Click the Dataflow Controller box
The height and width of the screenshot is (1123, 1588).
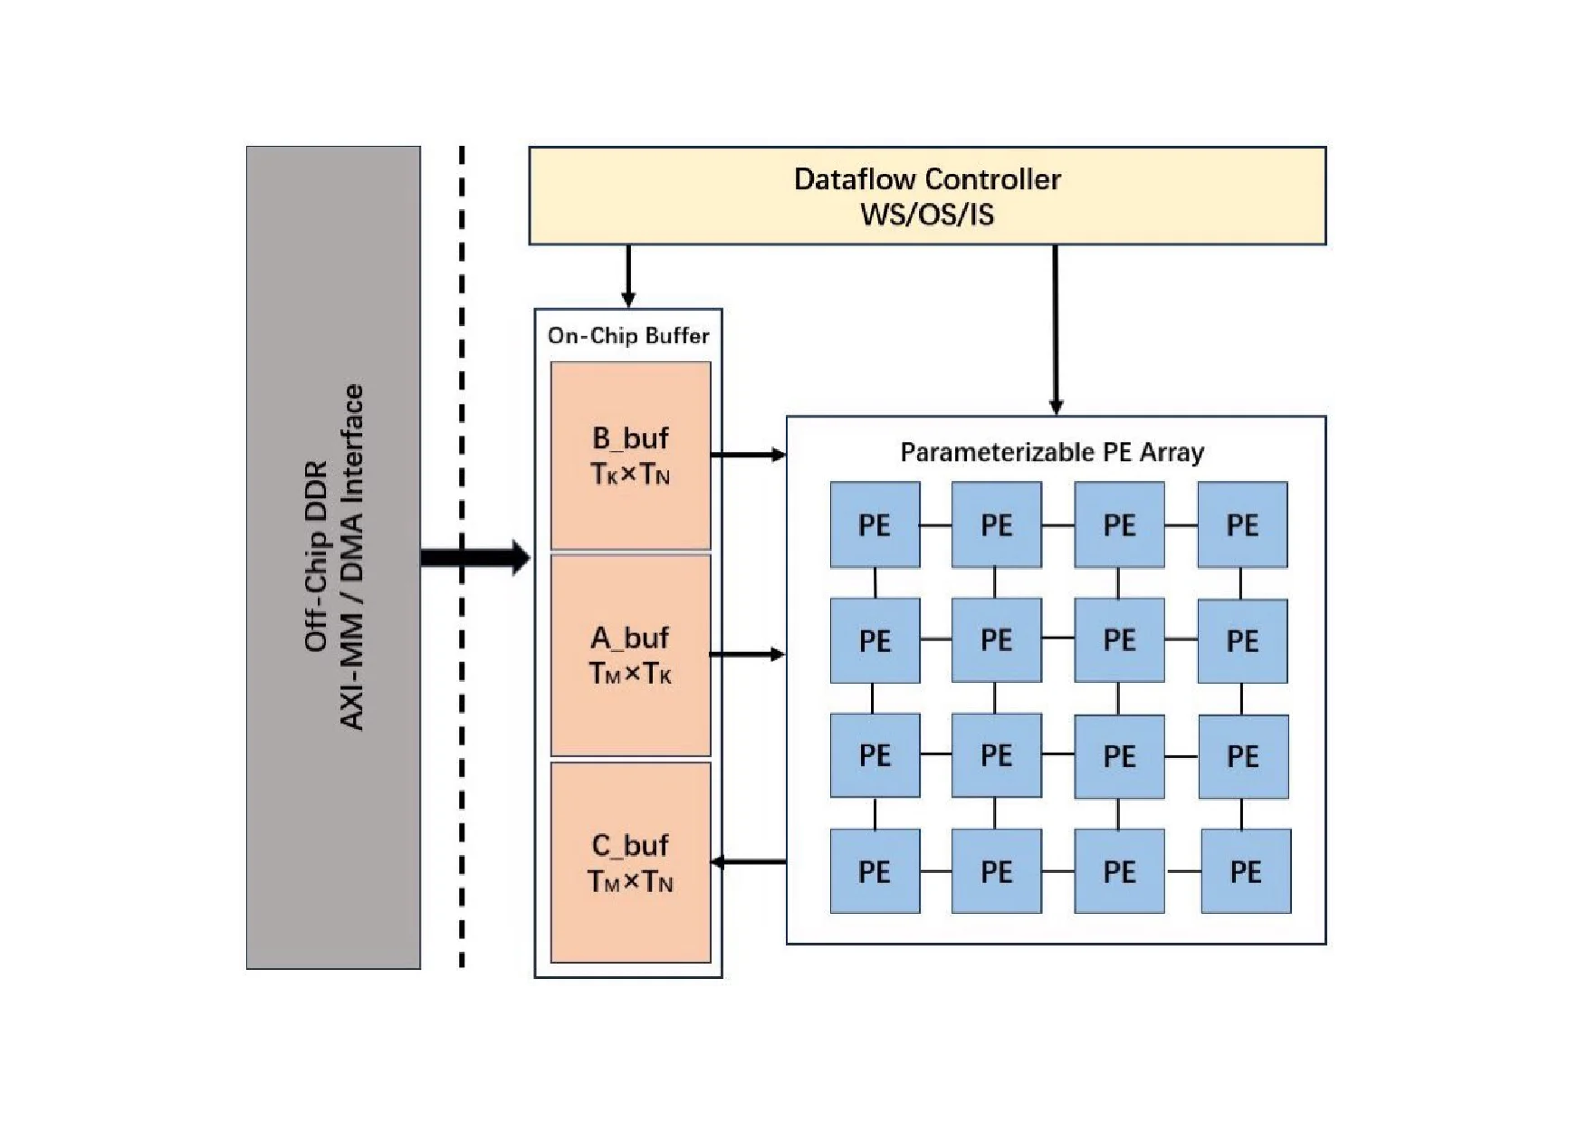pyautogui.click(x=927, y=196)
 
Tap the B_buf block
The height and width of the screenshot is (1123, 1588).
pyautogui.click(x=630, y=456)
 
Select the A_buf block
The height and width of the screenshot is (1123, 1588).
pyautogui.click(x=630, y=655)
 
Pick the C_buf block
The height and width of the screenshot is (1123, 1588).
pyautogui.click(x=630, y=862)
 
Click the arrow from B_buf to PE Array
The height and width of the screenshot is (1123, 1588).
pyautogui.click(x=748, y=455)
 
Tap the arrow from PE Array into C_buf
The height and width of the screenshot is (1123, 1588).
pyautogui.click(x=749, y=861)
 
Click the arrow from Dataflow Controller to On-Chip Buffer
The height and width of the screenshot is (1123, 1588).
pyautogui.click(x=628, y=275)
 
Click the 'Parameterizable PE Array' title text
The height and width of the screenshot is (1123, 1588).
pyautogui.click(x=1052, y=452)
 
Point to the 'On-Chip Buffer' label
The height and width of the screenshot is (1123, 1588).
pyautogui.click(x=628, y=336)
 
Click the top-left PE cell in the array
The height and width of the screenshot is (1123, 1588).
pyautogui.click(x=875, y=525)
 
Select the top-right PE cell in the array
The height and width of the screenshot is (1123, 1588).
pyautogui.click(x=1242, y=525)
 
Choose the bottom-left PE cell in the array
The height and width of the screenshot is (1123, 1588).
pyautogui.click(x=875, y=871)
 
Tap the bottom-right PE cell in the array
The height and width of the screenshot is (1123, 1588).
pyautogui.click(x=1246, y=871)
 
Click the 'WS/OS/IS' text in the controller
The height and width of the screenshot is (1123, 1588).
pyautogui.click(x=927, y=215)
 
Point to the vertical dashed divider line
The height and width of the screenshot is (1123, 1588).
pyautogui.click(x=462, y=770)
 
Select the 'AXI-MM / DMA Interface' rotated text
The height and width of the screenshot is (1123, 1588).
pyautogui.click(x=351, y=557)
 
